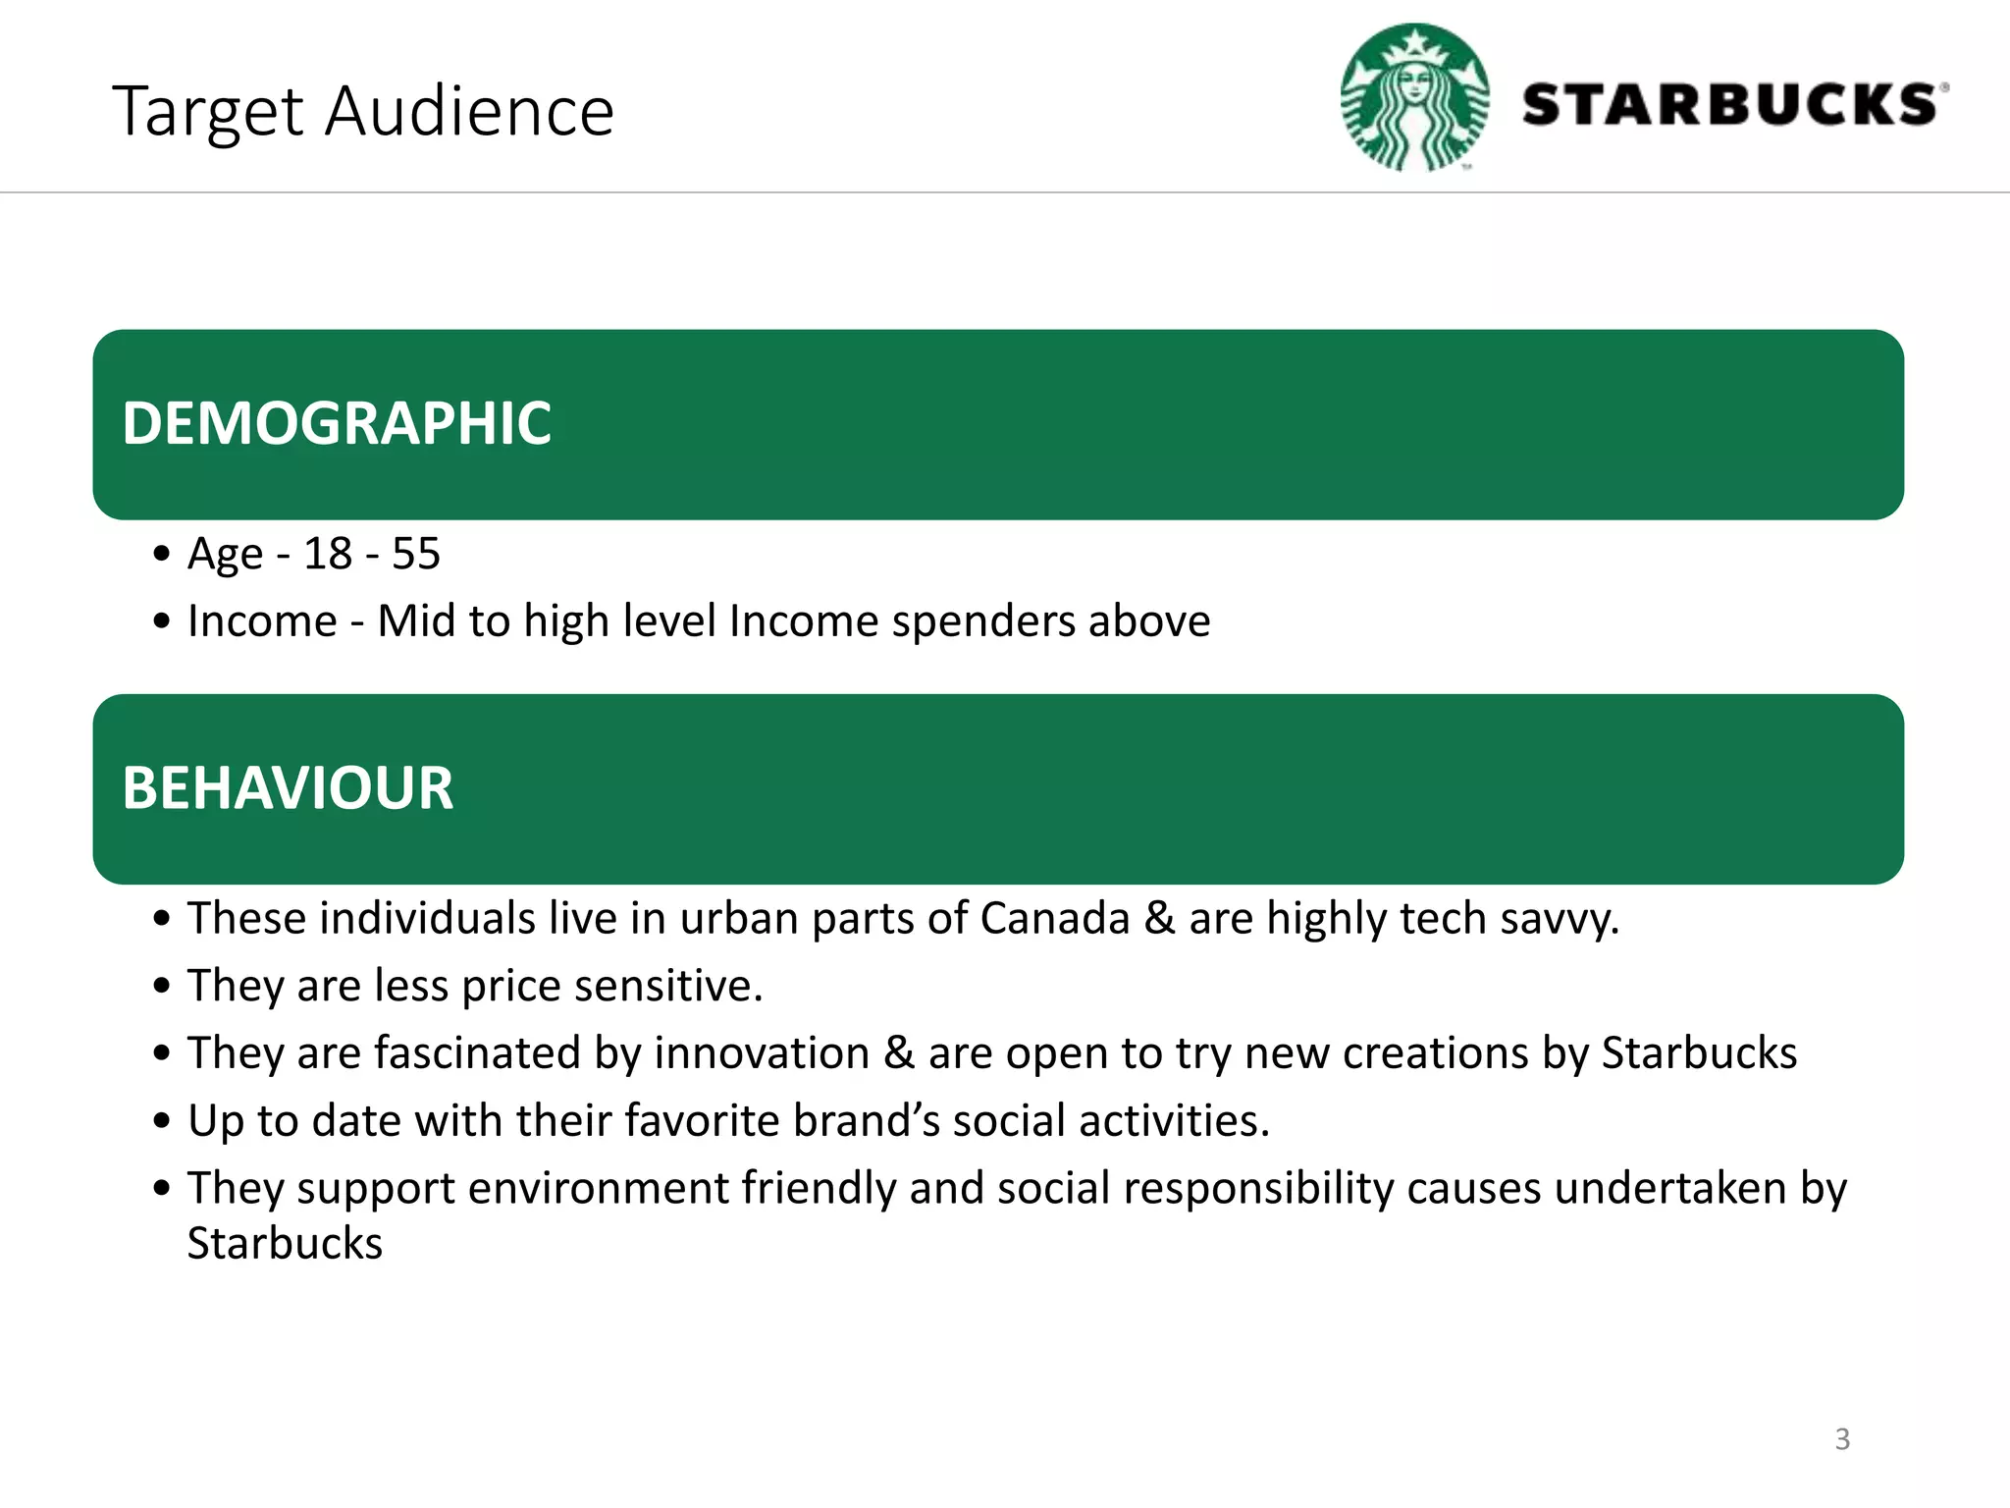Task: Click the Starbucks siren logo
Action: pos(1414,98)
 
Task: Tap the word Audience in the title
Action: pos(469,111)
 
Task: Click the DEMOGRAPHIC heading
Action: pos(337,423)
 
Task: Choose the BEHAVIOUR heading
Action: pos(288,788)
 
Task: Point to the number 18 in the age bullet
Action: pos(328,554)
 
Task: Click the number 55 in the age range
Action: pos(416,554)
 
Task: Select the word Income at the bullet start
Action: pos(262,621)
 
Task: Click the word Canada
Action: pos(1055,919)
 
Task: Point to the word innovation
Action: pos(762,1053)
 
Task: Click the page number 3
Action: pos(1842,1439)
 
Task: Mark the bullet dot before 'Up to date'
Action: pos(162,1121)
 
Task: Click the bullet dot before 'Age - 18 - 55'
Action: pos(162,554)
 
